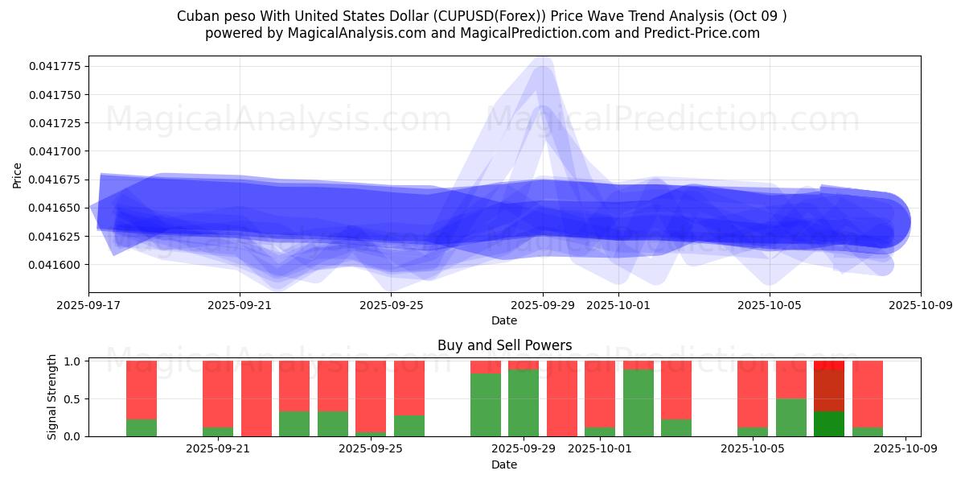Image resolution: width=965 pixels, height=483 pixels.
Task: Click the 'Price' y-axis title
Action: (18, 175)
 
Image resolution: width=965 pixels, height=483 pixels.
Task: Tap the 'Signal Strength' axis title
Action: (52, 397)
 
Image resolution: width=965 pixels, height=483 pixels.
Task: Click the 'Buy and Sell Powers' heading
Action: (504, 345)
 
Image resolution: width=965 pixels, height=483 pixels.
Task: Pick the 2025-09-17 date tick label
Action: (88, 305)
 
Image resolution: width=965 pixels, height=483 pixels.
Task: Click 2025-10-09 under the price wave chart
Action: (921, 305)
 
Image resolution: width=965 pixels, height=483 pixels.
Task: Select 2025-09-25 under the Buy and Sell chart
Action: (371, 449)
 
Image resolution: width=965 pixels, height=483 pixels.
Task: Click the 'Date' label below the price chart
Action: (504, 320)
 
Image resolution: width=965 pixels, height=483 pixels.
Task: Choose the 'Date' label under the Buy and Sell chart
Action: (504, 464)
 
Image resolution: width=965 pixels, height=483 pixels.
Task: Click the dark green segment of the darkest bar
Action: (829, 424)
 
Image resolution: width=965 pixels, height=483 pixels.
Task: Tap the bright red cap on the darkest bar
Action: (829, 365)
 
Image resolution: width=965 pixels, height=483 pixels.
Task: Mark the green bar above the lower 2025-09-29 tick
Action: (524, 402)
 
